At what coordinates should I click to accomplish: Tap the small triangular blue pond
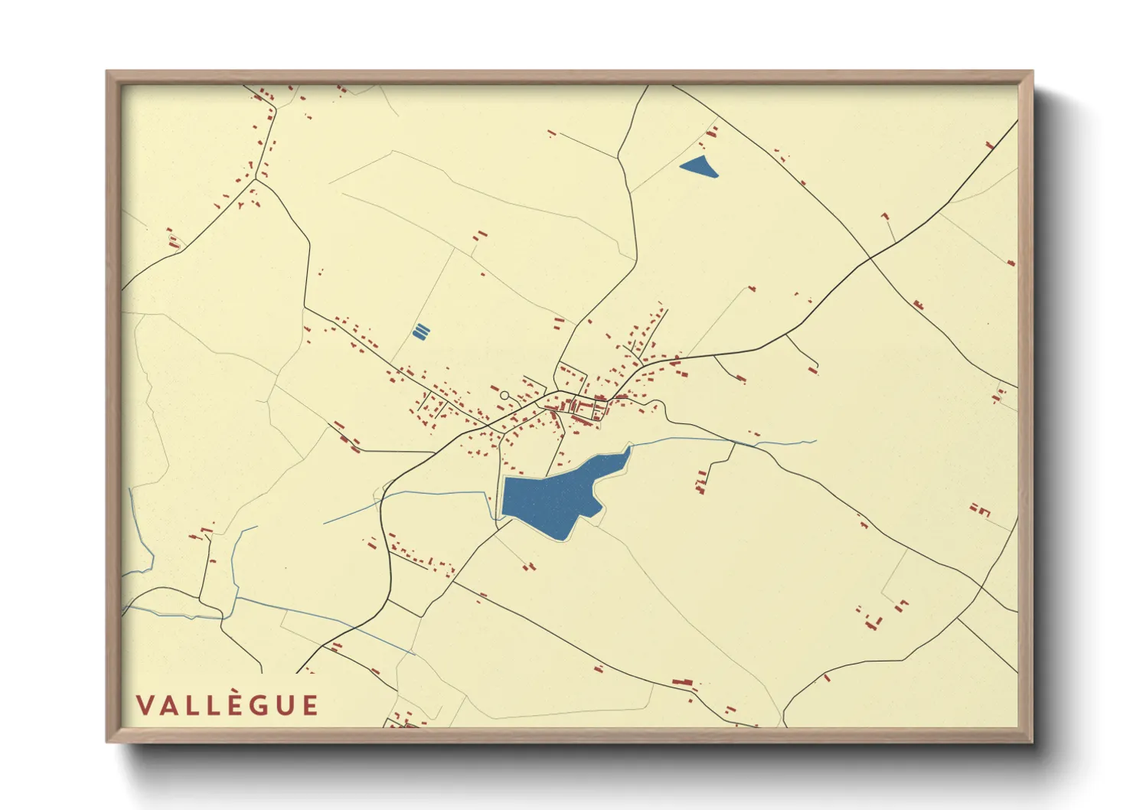point(698,166)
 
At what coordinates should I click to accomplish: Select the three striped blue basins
point(420,332)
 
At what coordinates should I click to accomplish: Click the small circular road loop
point(504,396)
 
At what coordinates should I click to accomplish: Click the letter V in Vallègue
point(145,706)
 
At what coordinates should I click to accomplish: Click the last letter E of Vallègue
point(309,706)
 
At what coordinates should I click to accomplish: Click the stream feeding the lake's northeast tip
point(689,439)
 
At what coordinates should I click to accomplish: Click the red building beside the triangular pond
point(711,133)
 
